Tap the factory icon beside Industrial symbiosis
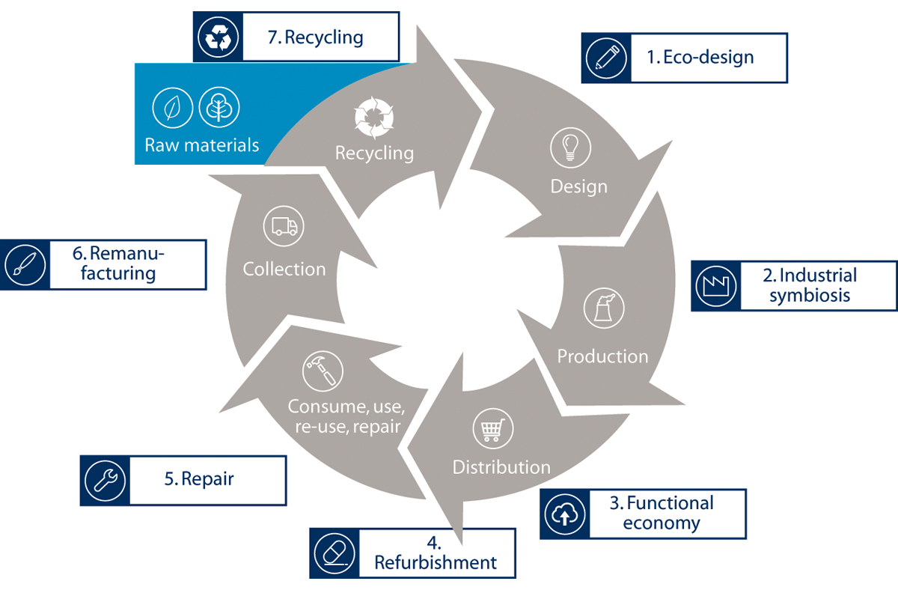point(715,285)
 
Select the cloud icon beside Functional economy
point(564,514)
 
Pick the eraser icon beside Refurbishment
point(333,553)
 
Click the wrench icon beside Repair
point(104,480)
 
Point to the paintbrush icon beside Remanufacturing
point(23,264)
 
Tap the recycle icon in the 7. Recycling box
point(218,36)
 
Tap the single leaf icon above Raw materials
point(173,108)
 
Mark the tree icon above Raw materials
point(219,108)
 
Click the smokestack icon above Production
point(603,308)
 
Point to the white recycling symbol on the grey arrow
point(373,118)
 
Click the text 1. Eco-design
point(700,57)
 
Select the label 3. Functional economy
point(662,513)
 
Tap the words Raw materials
point(202,145)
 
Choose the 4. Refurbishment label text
point(435,553)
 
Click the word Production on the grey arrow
point(602,356)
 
